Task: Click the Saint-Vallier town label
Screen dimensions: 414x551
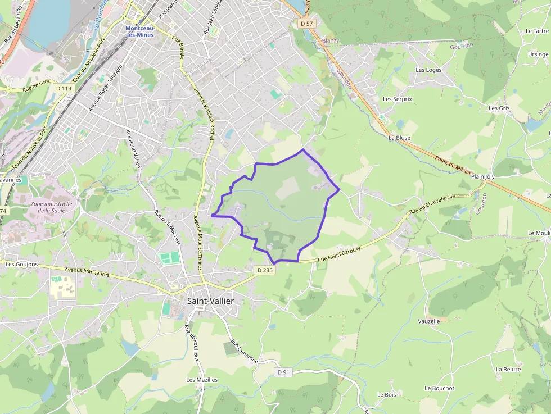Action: [x=210, y=301]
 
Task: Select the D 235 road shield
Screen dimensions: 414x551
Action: [x=264, y=270]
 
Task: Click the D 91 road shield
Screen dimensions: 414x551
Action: [x=283, y=372]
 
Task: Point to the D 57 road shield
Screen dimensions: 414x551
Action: [x=306, y=24]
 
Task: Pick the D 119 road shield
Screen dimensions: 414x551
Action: [x=64, y=88]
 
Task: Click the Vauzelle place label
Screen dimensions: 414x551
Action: [x=429, y=321]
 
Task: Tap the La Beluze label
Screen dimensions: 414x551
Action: [x=508, y=370]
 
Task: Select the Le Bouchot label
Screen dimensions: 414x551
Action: [x=439, y=388]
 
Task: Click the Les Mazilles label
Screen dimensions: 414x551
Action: [x=202, y=380]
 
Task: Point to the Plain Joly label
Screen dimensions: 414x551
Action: [x=483, y=176]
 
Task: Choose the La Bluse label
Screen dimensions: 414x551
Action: [x=399, y=138]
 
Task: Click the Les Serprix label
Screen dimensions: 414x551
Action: [x=398, y=99]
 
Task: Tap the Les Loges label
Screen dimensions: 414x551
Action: [x=428, y=70]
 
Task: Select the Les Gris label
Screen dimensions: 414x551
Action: [x=499, y=108]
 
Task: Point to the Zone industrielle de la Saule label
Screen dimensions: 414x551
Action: [x=52, y=207]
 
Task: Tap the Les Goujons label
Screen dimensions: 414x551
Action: [x=21, y=264]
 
